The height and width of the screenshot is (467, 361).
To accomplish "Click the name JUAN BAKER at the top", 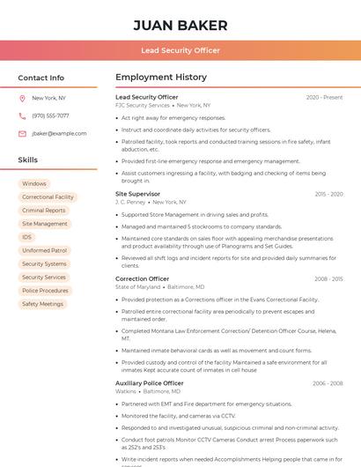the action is (180, 26).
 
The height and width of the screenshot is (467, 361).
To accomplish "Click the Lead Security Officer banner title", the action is (180, 50).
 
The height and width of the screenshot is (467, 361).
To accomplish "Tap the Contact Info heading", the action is (41, 78).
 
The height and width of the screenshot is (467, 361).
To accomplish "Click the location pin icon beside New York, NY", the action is (22, 99).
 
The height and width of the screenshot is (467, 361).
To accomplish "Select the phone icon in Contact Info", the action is (22, 116).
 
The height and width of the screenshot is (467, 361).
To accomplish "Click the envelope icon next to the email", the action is (22, 134).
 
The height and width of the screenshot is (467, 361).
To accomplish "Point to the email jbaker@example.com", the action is (59, 134).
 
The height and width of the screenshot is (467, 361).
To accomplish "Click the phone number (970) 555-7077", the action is (50, 116).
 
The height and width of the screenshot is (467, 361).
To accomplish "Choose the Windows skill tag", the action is (34, 184).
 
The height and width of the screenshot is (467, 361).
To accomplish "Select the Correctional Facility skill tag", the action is (48, 197).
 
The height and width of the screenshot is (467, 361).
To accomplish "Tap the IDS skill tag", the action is (27, 237).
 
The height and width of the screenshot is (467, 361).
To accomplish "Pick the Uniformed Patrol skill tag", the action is (45, 250).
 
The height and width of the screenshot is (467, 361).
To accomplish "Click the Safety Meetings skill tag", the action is (42, 304).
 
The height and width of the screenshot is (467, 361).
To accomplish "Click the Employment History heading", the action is (161, 78).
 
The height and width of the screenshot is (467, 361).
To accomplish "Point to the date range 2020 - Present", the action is (325, 98).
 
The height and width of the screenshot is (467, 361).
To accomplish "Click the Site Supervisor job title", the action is (138, 194).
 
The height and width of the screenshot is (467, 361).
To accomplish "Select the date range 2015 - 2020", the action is (328, 194).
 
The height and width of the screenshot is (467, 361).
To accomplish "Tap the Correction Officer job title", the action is (143, 279).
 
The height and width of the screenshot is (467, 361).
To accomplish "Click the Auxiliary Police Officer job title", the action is (150, 383).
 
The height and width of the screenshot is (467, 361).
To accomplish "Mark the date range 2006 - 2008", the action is (328, 384).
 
